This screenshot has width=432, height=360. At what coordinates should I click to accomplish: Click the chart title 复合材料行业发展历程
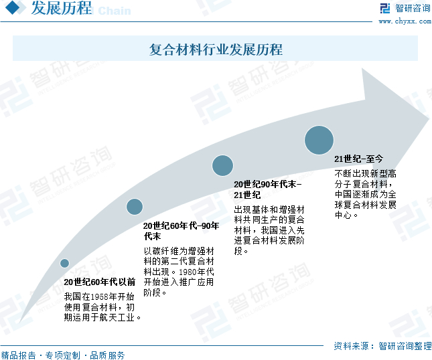(216, 50)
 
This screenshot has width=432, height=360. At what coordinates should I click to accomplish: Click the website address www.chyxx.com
(405, 21)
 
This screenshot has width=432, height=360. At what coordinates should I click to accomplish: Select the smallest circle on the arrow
(64, 263)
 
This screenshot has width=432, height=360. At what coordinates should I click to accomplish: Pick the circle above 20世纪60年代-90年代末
(135, 207)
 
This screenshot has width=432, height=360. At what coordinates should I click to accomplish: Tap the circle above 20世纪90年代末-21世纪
(222, 165)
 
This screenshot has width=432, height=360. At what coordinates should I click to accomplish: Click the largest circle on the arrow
(319, 140)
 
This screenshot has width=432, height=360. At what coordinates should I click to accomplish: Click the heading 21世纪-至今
(359, 159)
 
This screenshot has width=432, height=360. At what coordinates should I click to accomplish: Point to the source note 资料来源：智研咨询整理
(382, 346)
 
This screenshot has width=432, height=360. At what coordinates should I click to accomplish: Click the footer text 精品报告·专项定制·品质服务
(63, 355)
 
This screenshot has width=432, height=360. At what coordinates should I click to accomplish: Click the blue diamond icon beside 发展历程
(15, 9)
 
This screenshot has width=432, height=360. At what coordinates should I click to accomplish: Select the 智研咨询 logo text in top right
(413, 8)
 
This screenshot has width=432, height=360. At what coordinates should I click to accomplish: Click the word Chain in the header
(114, 11)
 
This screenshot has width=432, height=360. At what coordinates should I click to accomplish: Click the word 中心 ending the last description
(344, 215)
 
